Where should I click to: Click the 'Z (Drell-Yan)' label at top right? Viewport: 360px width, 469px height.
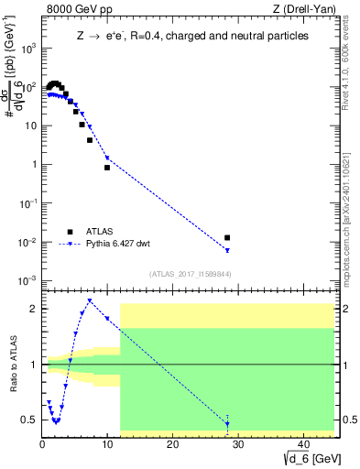307,10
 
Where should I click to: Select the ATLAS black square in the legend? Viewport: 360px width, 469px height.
70,231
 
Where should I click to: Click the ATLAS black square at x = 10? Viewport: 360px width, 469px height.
107,168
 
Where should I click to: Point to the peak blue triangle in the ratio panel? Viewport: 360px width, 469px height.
89,300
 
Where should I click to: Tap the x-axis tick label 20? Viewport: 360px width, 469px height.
172,445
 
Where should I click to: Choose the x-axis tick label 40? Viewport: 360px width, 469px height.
301,445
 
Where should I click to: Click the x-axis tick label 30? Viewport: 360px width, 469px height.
237,445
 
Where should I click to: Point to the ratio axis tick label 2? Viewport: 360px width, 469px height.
32,309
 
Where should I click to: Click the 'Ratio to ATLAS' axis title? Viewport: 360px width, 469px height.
12,365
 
